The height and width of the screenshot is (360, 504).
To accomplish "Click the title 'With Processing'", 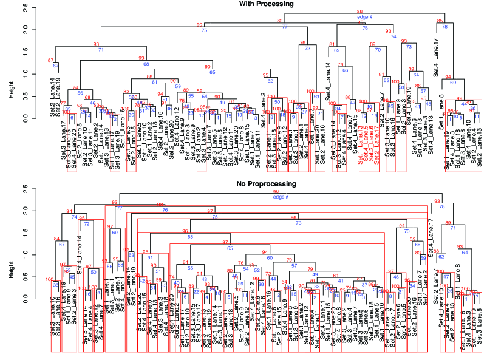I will pyautogui.click(x=267, y=4).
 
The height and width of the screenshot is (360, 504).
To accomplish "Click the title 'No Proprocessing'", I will pyautogui.click(x=267, y=183).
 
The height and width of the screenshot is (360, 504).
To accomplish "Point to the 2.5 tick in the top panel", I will pyautogui.click(x=24, y=8).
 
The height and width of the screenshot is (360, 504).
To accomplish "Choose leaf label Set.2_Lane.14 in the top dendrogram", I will pyautogui.click(x=52, y=88).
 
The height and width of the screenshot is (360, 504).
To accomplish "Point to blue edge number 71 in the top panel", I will pyautogui.click(x=101, y=49).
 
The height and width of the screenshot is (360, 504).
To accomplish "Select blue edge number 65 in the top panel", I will pyautogui.click(x=213, y=72).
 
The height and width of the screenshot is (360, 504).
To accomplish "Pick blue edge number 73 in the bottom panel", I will pyautogui.click(x=298, y=223).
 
